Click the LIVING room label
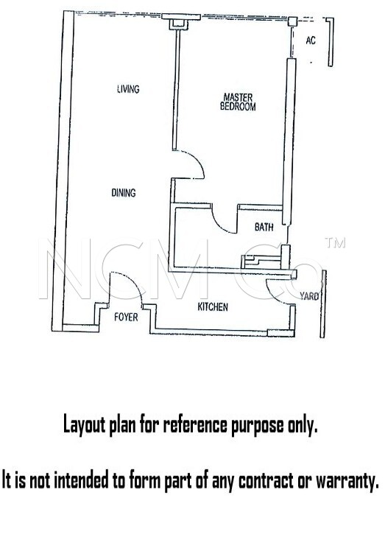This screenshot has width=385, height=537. tap(128, 89)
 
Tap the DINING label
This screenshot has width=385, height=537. tap(124, 193)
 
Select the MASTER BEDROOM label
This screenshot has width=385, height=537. tap(238, 102)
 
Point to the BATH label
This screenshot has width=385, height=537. tap(264, 227)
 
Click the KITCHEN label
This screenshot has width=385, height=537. tap(213, 307)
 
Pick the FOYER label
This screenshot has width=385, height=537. tap(126, 317)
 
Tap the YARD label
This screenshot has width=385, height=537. tap(309, 296)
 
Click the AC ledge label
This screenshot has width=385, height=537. tap(311, 41)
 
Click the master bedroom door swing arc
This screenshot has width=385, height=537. tap(199, 161)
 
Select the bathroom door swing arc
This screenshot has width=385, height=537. tap(219, 224)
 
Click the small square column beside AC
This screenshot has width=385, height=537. tap(292, 21)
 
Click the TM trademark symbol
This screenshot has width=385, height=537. tap(335, 243)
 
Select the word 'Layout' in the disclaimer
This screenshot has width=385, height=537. tap(84, 425)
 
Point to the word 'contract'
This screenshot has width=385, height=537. tap(266, 480)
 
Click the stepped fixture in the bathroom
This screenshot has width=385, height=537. tap(261, 262)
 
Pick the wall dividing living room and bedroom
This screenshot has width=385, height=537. tap(176, 90)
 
